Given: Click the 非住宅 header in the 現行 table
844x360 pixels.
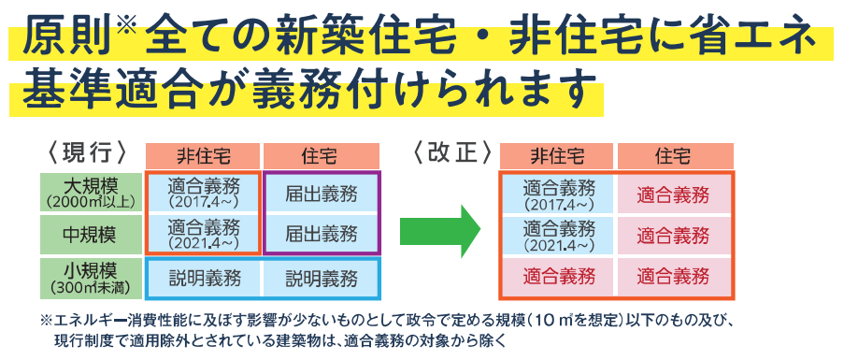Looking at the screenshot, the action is click(x=204, y=156).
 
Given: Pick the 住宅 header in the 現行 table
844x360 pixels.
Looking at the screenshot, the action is click(x=322, y=156).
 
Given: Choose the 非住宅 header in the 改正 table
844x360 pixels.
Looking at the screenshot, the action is click(x=557, y=156).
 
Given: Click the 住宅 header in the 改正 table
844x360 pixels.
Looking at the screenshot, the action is click(x=676, y=156).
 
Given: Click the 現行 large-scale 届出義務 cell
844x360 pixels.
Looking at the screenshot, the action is click(x=322, y=194).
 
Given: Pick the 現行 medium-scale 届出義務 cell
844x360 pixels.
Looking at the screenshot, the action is click(x=322, y=235).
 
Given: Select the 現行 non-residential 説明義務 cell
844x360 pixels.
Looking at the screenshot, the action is click(x=204, y=279).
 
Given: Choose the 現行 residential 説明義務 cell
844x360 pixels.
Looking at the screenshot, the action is click(x=322, y=279).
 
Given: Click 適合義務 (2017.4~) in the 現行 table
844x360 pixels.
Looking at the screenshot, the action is click(x=204, y=194).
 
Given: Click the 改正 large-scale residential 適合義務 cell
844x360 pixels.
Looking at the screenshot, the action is click(x=674, y=194).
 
